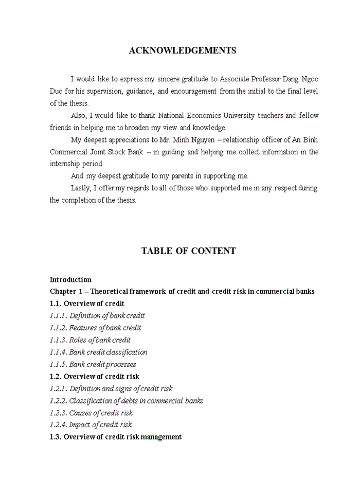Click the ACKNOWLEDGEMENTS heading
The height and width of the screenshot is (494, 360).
click(183, 50)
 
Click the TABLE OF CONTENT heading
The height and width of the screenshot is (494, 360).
click(188, 251)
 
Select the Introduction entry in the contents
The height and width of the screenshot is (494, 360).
click(70, 280)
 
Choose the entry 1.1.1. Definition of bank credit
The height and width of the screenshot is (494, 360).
click(97, 316)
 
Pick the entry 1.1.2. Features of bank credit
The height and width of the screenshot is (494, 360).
click(96, 328)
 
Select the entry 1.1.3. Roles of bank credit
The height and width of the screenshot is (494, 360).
click(90, 340)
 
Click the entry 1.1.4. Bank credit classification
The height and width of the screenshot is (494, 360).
click(99, 352)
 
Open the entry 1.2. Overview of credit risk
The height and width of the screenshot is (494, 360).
click(95, 377)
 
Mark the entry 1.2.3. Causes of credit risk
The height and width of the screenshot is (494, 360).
click(91, 413)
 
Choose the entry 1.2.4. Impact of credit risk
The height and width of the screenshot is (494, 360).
click(91, 425)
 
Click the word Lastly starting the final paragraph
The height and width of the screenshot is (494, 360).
click(81, 188)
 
